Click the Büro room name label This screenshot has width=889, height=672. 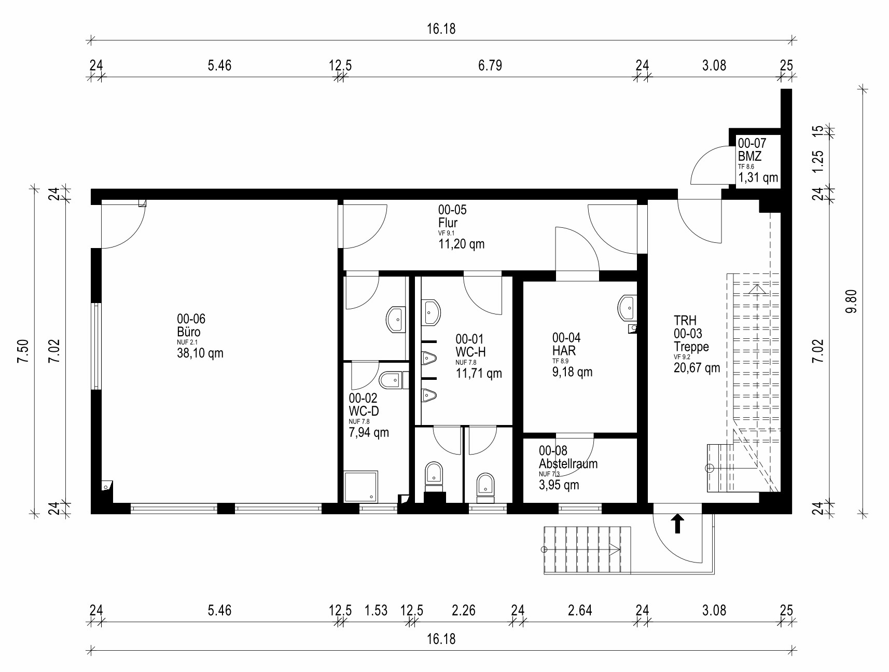tap(189, 332)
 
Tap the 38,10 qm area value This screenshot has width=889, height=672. tap(200, 353)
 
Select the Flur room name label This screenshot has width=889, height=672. tap(448, 223)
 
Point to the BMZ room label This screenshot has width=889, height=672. tap(749, 156)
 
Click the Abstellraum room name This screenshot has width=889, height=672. tap(568, 463)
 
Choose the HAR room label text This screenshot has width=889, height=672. tap(564, 351)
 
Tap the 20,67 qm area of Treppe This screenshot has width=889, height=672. tap(697, 368)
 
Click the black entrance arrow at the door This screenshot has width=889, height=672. tap(677, 524)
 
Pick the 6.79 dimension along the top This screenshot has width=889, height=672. tap(490, 66)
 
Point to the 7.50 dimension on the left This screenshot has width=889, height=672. tap(22, 352)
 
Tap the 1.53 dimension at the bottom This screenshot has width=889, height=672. tap(376, 610)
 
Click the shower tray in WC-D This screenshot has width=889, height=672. tap(362, 487)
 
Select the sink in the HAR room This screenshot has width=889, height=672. tap(627, 308)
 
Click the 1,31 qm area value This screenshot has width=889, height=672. tap(758, 178)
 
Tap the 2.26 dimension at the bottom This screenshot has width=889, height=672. tap(463, 610)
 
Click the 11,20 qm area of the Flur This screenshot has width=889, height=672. tap(461, 244)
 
